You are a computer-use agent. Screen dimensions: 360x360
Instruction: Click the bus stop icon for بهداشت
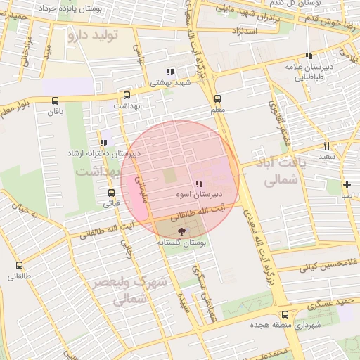pyautogui.click(x=127, y=95)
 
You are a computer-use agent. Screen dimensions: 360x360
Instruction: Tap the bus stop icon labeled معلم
pyautogui.click(x=217, y=99)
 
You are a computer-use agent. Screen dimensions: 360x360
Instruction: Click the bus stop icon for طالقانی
pyautogui.click(x=19, y=266)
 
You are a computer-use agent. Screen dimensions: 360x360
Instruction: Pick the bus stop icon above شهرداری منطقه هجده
pyautogui.click(x=285, y=314)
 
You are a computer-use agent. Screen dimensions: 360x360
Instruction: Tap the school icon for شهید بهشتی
pyautogui.click(x=169, y=72)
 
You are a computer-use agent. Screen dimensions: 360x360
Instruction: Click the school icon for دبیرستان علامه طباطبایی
pyautogui.click(x=308, y=56)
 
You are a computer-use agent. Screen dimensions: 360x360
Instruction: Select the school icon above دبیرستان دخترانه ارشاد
pyautogui.click(x=104, y=143)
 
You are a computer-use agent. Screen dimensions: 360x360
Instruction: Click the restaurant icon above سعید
pyautogui.click(x=326, y=146)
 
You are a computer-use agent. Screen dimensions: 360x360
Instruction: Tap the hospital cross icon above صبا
pyautogui.click(x=347, y=184)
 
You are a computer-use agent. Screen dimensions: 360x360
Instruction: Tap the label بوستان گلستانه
pyautogui.click(x=181, y=241)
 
